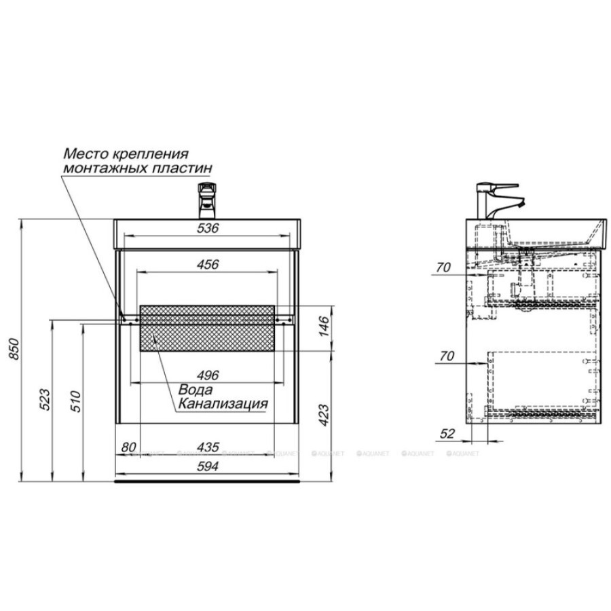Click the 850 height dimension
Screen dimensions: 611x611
14,349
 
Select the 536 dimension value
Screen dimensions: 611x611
208,228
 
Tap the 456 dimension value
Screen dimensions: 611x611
208,265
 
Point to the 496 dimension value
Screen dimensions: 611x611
208,375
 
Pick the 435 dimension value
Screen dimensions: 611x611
208,447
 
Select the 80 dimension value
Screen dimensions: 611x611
128,447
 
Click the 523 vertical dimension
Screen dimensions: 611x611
45,399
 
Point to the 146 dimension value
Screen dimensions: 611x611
325,326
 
